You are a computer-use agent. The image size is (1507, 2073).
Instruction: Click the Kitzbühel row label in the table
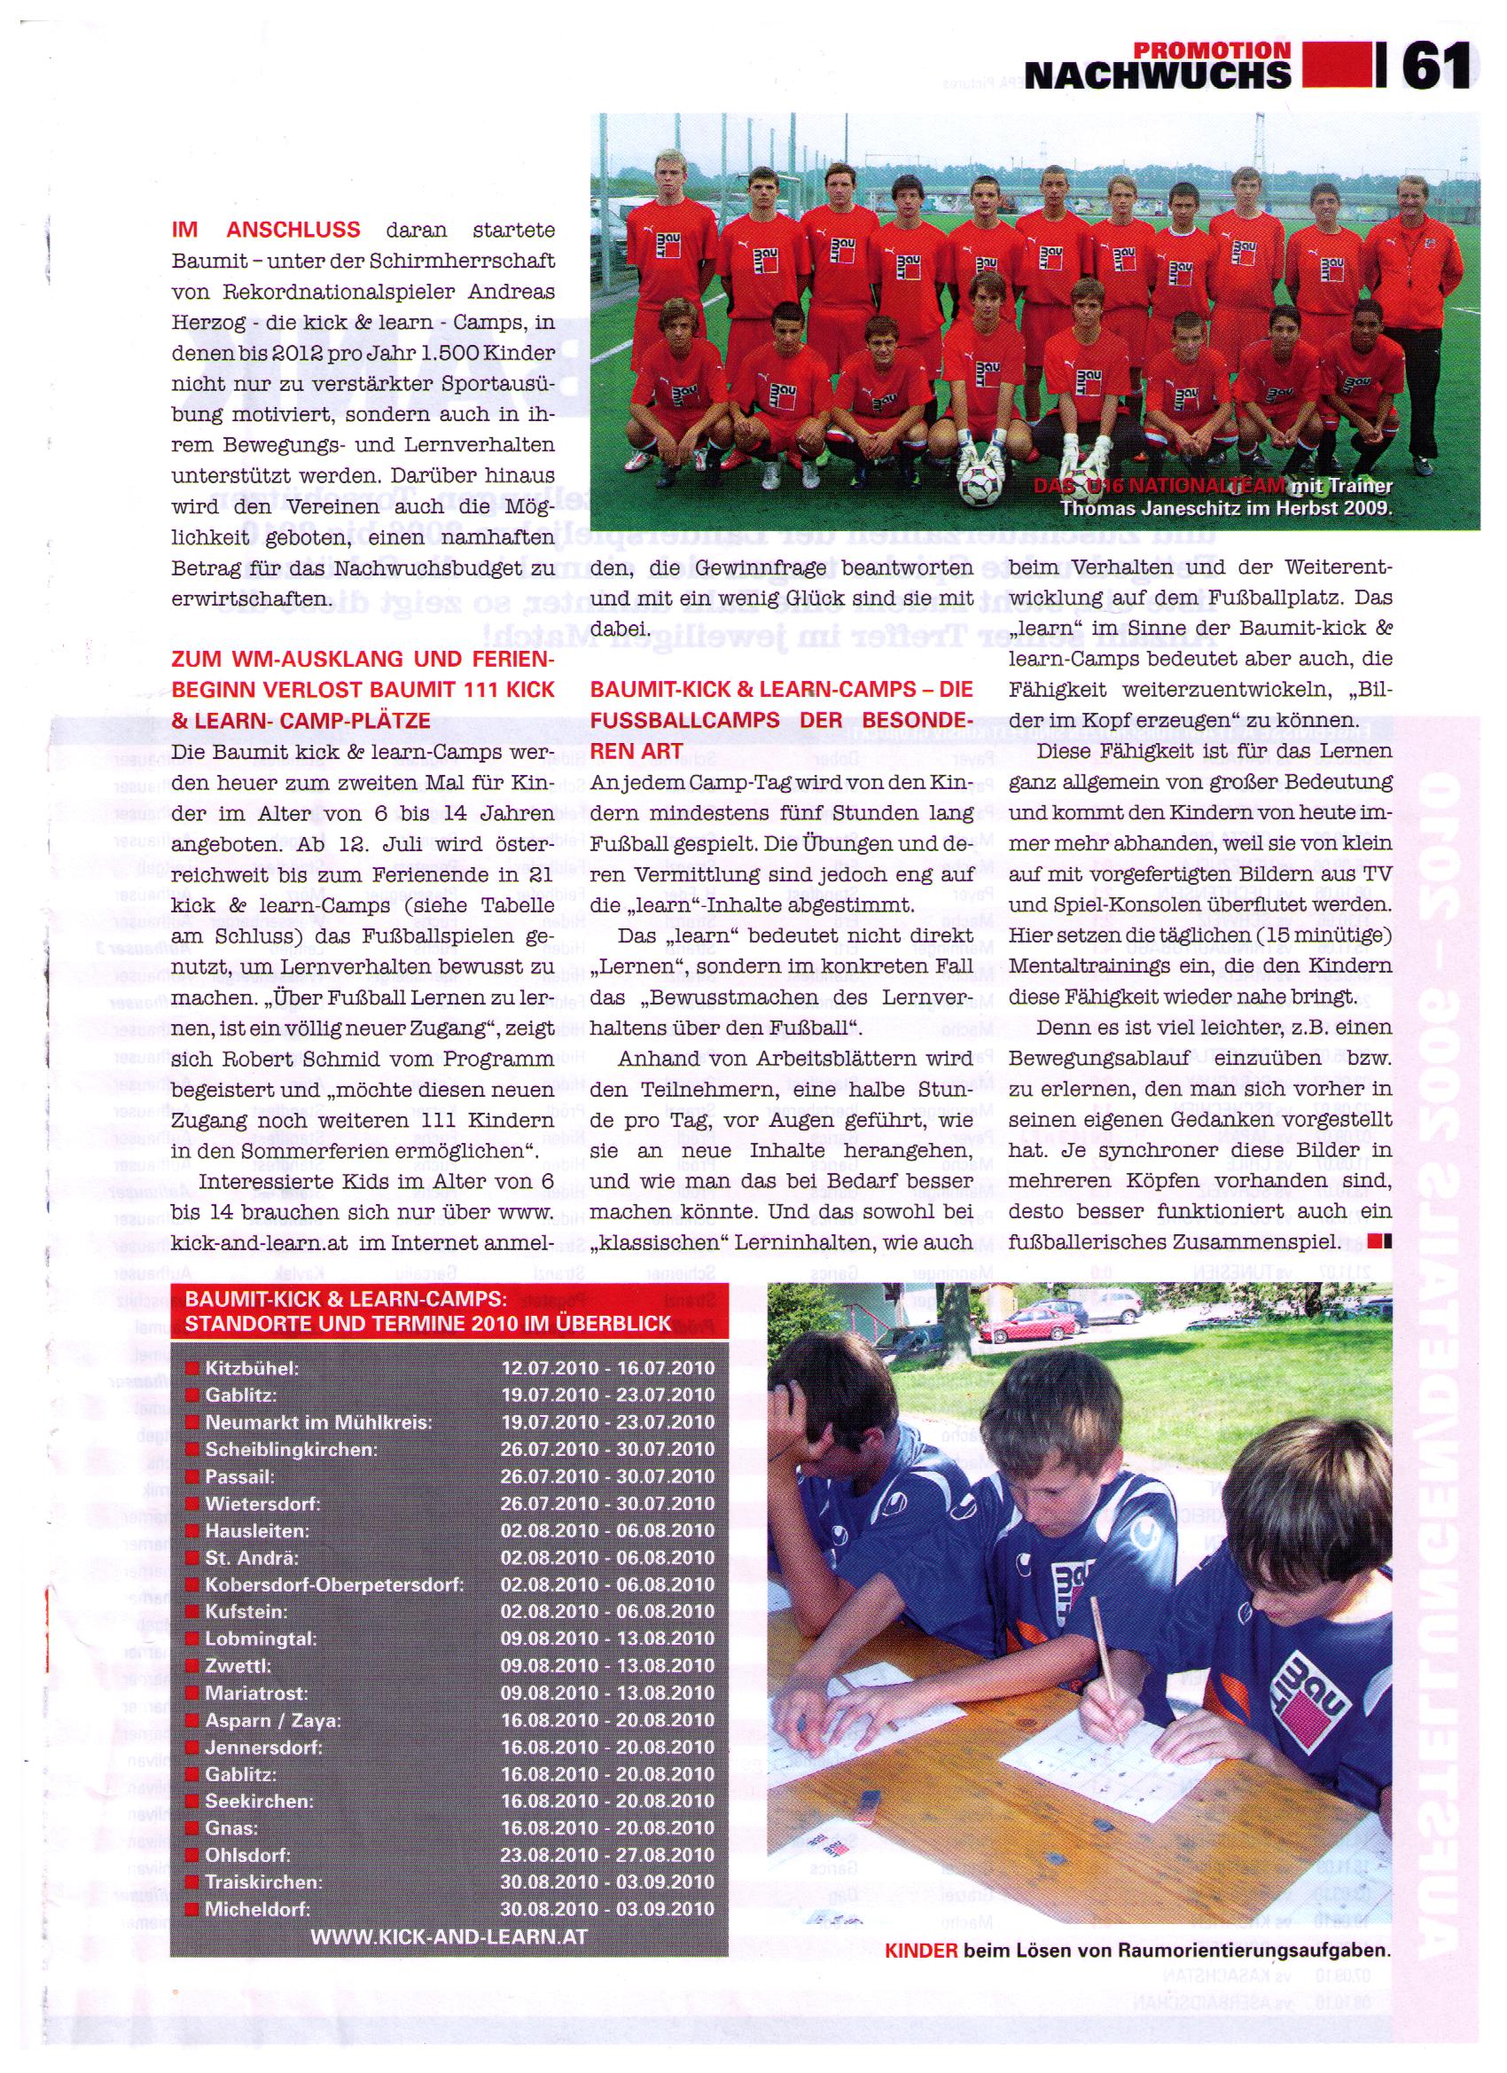(253, 1368)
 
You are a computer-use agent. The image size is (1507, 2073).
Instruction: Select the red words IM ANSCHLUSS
(266, 231)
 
